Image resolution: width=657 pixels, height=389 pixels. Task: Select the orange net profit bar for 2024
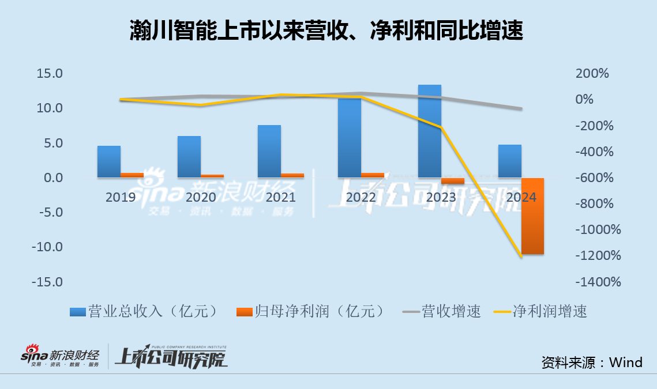pos(532,216)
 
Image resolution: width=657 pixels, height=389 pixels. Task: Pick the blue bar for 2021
pos(269,151)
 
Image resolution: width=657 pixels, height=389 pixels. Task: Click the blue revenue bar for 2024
pos(510,161)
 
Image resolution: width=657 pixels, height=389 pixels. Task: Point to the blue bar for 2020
pos(189,157)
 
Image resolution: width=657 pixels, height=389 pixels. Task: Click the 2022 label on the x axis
pos(361,197)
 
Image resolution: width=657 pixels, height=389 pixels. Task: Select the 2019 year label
pos(121,197)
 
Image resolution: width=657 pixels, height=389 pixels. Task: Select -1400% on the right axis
pos(597,282)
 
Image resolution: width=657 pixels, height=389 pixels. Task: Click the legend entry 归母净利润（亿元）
pos(311,312)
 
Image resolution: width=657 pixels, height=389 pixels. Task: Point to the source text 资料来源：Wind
pos(591,362)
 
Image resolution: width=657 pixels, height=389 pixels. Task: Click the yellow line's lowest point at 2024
pos(521,256)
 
